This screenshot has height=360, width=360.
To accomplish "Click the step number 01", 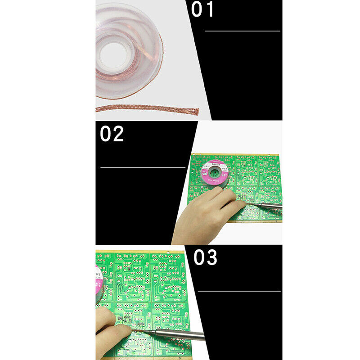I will [x=202, y=9].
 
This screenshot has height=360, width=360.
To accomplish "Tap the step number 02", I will [x=112, y=134].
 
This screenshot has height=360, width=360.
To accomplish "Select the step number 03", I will [x=206, y=257].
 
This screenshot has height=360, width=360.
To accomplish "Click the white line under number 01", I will [x=242, y=31].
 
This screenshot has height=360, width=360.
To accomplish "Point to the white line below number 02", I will [x=143, y=167].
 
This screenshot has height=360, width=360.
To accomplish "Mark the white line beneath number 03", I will [x=239, y=291].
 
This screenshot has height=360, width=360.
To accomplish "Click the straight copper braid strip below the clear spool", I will [x=144, y=108].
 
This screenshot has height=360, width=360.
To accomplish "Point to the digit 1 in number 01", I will [x=209, y=9].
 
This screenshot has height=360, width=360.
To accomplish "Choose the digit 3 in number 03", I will [x=211, y=257].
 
